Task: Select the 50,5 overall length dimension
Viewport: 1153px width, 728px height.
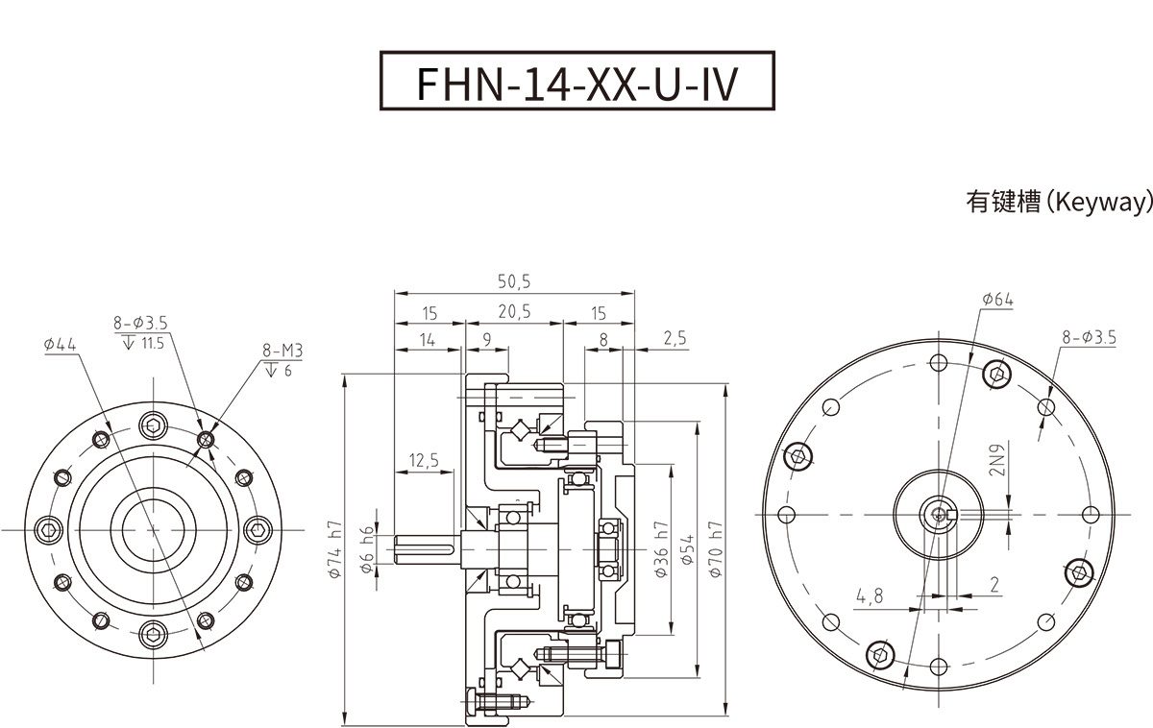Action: point(514,281)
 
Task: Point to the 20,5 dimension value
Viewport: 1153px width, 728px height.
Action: point(514,313)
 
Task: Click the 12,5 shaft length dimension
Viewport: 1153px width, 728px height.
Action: point(423,461)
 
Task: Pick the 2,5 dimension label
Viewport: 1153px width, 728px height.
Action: point(675,338)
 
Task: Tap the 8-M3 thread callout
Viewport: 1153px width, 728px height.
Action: point(282,352)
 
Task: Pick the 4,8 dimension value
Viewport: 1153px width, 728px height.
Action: point(870,596)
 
